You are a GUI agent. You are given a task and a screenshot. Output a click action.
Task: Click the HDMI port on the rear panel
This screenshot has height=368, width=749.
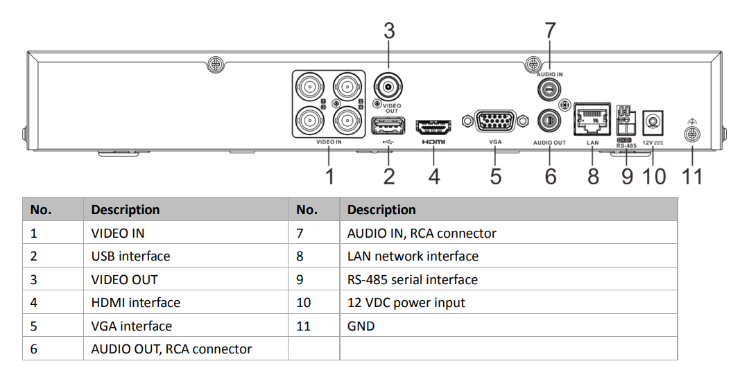click(x=433, y=128)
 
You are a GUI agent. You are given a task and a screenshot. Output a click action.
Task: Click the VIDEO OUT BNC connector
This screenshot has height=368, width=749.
click(x=388, y=87)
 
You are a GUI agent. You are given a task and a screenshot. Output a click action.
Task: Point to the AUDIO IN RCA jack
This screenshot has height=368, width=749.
click(x=550, y=89)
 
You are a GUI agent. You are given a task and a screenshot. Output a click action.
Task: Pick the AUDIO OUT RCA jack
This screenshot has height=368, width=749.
click(x=550, y=121)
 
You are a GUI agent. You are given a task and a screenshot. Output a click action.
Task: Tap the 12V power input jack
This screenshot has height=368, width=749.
click(x=653, y=122)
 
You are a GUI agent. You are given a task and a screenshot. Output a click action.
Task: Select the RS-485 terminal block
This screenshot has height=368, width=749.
click(x=626, y=121)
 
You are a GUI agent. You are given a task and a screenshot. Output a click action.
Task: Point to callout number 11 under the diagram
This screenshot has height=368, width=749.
click(x=691, y=176)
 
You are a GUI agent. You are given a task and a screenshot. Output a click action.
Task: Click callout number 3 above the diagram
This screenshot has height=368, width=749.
click(x=389, y=31)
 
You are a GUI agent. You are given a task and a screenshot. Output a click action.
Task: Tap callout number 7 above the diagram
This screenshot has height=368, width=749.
click(x=550, y=31)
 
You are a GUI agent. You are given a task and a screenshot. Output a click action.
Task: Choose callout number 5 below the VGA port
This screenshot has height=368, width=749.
click(x=495, y=176)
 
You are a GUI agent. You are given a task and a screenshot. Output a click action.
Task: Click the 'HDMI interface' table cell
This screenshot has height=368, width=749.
click(x=135, y=303)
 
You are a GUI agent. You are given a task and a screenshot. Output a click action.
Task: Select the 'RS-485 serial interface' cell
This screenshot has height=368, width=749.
click(x=412, y=280)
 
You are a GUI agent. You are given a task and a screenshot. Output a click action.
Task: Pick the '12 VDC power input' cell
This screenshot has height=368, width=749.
click(x=406, y=303)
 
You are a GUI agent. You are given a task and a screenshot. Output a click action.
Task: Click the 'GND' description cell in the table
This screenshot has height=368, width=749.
click(x=361, y=326)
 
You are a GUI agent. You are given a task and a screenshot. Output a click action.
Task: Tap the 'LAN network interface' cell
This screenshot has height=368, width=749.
click(x=413, y=256)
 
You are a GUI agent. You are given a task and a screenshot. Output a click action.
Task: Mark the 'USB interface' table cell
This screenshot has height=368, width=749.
click(x=130, y=256)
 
